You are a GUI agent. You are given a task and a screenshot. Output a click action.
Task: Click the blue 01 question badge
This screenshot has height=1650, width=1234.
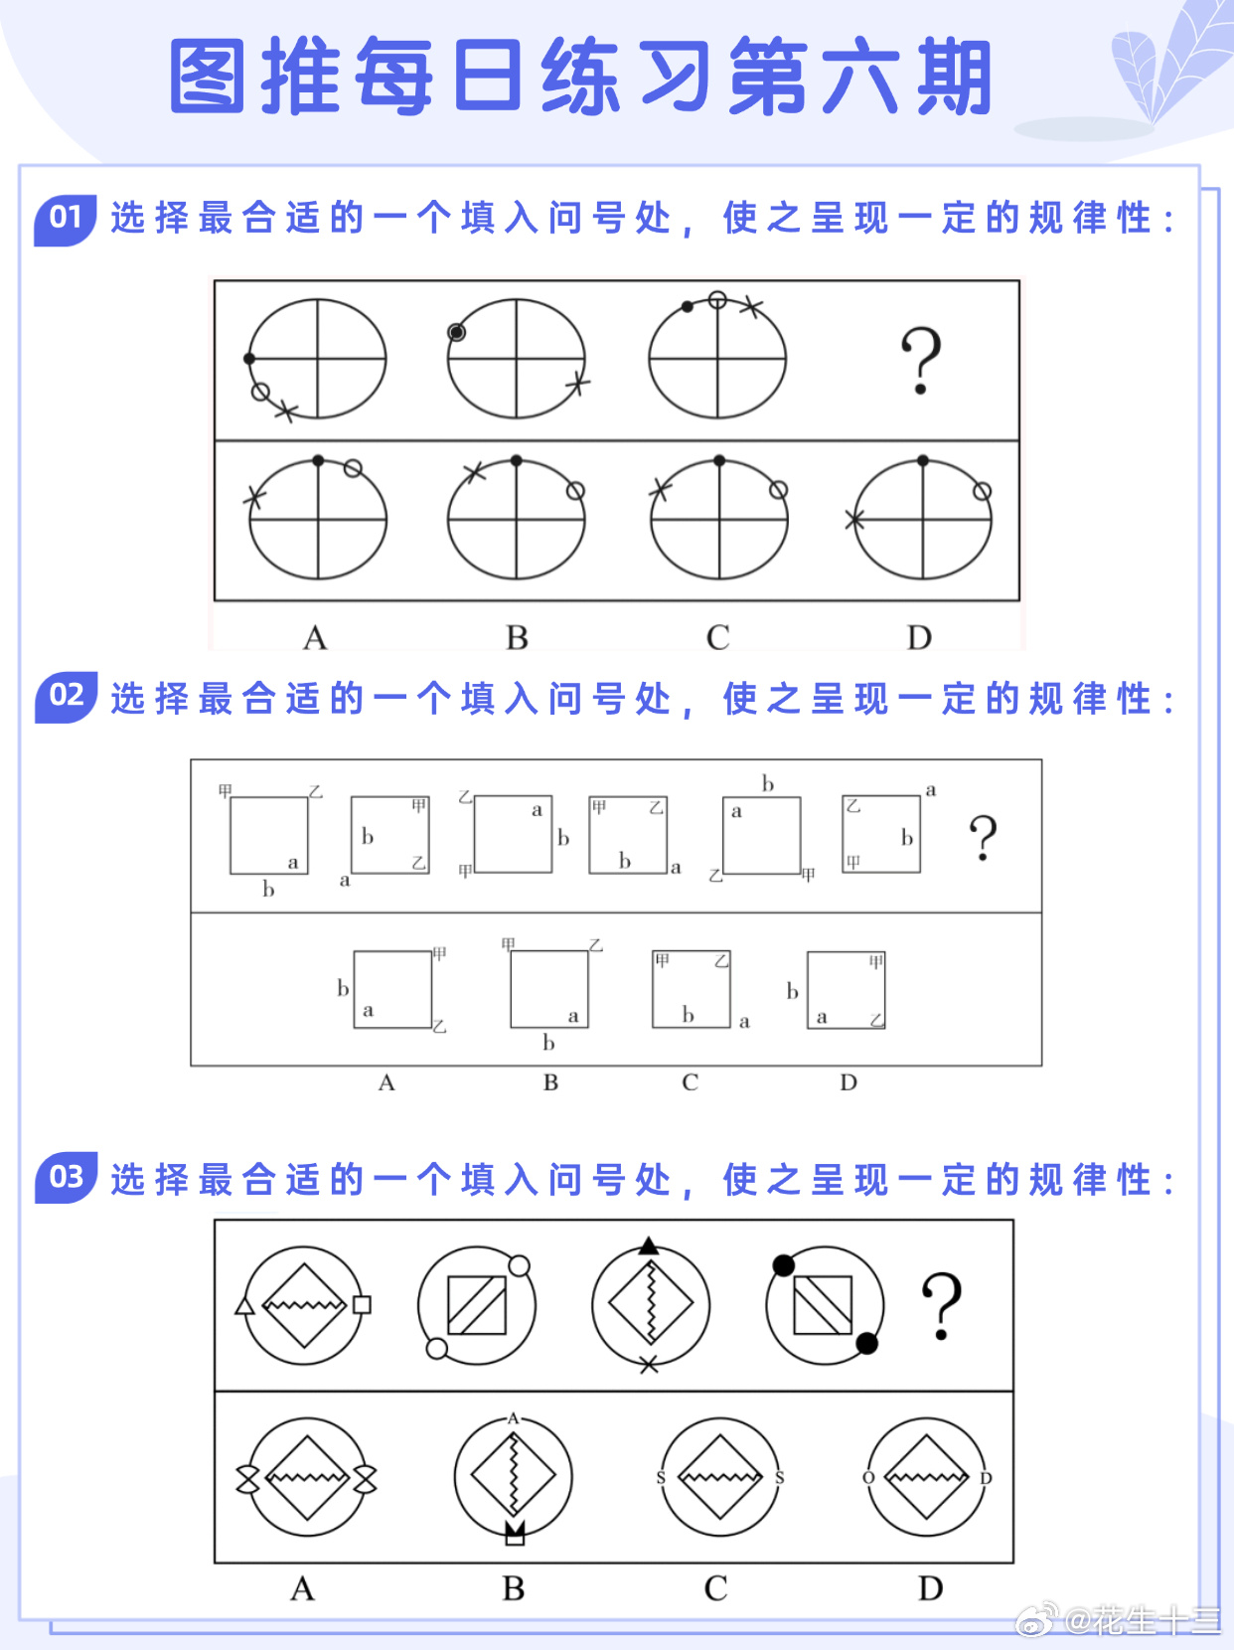[x=66, y=221]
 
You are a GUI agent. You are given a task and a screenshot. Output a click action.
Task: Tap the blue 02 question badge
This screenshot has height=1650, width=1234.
[x=67, y=697]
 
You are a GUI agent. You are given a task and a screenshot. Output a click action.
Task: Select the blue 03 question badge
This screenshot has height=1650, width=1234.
[x=67, y=1177]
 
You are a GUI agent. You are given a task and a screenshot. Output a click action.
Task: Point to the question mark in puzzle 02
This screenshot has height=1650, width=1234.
[x=984, y=837]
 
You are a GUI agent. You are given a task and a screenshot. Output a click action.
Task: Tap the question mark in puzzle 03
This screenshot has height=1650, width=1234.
[x=941, y=1306]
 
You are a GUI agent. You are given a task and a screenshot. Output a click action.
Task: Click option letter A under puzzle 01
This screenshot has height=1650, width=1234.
[x=315, y=638]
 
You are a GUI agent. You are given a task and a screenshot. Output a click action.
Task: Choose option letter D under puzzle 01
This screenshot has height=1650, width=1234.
[x=919, y=638]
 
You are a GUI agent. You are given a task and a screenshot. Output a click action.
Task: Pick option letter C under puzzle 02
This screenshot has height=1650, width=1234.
[x=691, y=1082]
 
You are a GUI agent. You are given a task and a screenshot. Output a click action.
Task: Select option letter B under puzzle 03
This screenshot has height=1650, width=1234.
[x=514, y=1588]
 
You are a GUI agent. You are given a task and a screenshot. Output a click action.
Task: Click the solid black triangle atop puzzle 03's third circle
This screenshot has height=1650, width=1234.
[x=649, y=1245]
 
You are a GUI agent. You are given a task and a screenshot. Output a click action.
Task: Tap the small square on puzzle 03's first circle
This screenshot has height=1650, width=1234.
[x=362, y=1304]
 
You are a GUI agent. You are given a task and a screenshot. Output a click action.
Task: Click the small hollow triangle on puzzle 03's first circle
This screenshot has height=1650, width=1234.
[x=244, y=1306]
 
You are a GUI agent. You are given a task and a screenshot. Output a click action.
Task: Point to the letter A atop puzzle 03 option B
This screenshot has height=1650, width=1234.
[x=513, y=1418]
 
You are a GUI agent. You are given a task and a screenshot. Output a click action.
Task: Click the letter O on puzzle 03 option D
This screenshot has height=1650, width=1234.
[x=868, y=1478]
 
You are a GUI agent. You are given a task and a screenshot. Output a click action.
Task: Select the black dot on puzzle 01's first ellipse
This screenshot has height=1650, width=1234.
[x=249, y=359]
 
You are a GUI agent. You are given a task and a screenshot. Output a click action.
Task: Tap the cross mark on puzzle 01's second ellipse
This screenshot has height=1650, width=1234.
[x=578, y=384]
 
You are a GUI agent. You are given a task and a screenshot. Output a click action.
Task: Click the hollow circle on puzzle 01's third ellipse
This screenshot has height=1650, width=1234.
[x=717, y=300]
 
